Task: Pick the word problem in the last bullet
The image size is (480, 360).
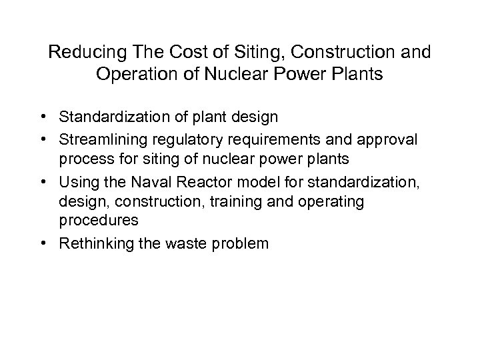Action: coord(238,243)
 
